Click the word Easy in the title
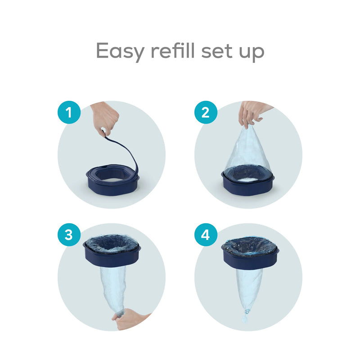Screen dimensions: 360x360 119,52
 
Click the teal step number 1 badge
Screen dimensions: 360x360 68,112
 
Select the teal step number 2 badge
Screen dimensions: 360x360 206,112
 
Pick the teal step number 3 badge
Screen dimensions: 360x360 68,235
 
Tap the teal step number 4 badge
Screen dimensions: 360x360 206,235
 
